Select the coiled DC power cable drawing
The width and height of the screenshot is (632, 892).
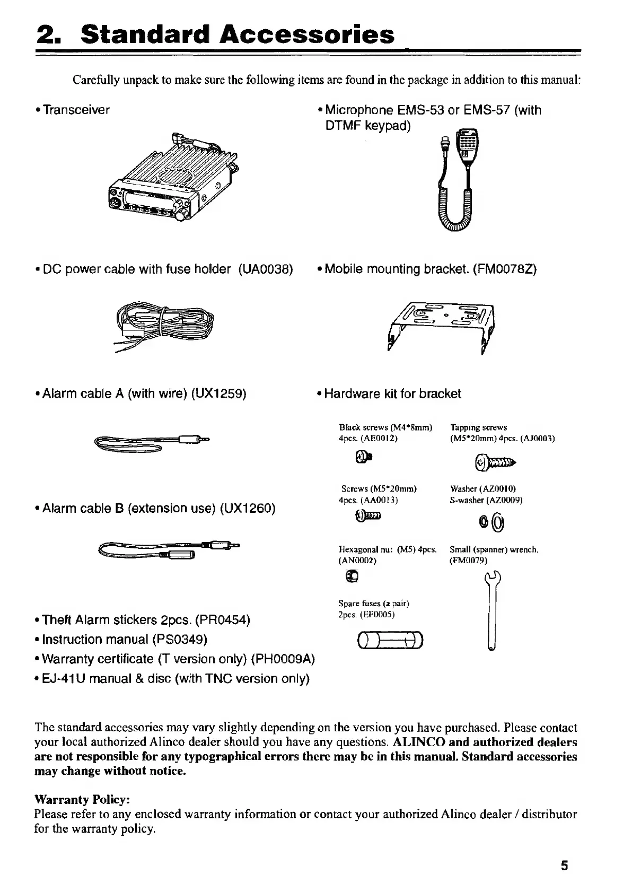(165, 325)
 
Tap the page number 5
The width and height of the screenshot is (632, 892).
(564, 866)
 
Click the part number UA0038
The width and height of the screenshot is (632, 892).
(266, 269)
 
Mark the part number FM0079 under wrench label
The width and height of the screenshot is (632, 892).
(468, 561)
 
